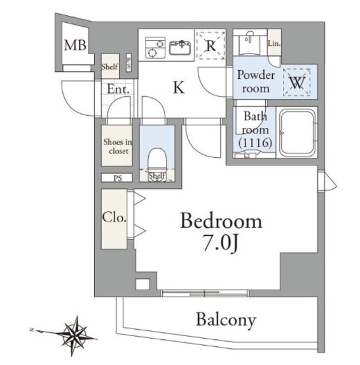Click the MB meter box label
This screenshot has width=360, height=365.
coord(75,45)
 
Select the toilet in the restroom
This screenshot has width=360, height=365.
coord(157,161)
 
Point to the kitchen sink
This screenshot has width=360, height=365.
coord(180,47)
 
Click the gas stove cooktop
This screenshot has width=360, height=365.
coord(155,48)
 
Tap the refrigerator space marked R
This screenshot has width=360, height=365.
coord(211,46)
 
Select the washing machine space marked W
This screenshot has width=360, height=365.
coord(297,82)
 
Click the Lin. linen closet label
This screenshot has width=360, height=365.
coord(274,43)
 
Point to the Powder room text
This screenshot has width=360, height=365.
coord(256,82)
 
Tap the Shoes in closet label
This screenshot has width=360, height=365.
coord(118,147)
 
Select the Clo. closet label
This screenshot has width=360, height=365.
coord(114,217)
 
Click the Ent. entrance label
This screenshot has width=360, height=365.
coord(118,89)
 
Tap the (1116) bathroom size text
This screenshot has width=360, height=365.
coord(255,143)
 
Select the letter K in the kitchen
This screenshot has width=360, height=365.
coord(179,87)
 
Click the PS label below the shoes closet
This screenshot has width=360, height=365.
coord(118,179)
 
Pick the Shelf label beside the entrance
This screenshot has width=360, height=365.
coord(110,67)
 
